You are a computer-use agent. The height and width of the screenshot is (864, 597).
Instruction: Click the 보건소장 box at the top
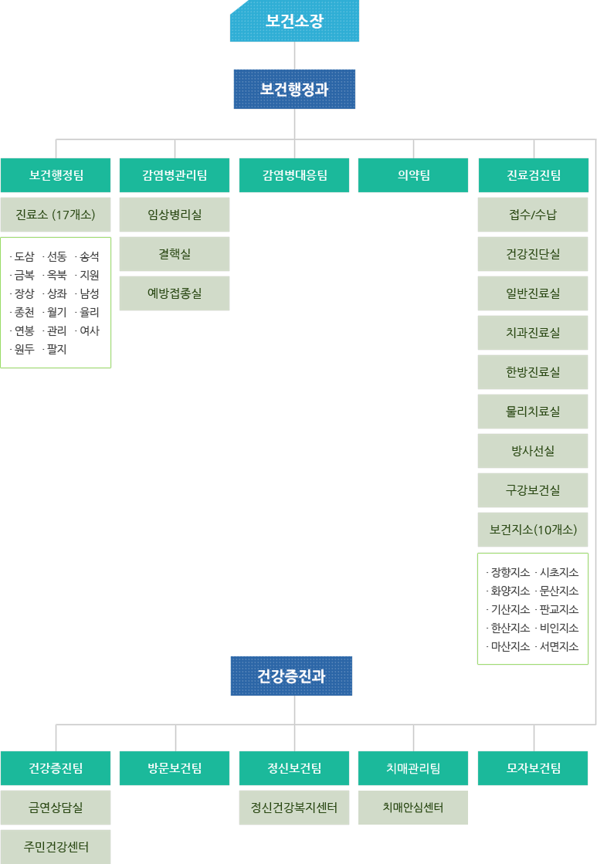(x=294, y=22)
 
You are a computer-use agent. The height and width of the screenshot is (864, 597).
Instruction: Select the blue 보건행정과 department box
(x=294, y=90)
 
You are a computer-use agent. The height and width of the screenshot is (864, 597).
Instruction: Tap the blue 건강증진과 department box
(x=291, y=676)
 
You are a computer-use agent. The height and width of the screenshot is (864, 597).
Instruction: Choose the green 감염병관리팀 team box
(x=175, y=175)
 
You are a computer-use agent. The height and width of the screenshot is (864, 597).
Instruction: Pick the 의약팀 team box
(x=413, y=175)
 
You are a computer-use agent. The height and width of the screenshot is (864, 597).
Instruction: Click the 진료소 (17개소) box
(x=56, y=215)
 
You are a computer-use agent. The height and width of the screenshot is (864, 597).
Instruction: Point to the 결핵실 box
(x=175, y=254)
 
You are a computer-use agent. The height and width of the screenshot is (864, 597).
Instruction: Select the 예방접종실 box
(x=175, y=293)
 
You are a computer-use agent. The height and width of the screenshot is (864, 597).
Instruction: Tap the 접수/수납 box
(x=533, y=215)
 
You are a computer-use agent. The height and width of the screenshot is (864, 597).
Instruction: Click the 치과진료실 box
(x=533, y=333)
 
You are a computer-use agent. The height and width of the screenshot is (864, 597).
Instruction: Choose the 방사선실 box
(x=533, y=451)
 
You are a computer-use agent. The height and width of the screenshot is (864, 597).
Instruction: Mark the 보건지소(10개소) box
(x=533, y=530)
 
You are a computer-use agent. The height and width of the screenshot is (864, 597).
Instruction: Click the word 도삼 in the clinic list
(x=24, y=257)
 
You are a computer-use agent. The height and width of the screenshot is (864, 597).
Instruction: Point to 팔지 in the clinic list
(x=56, y=350)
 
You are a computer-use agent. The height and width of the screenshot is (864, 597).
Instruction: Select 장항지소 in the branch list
(x=510, y=573)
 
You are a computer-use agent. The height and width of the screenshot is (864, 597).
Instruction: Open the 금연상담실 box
(x=56, y=808)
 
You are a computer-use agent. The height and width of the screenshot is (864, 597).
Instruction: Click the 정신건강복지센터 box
(x=294, y=808)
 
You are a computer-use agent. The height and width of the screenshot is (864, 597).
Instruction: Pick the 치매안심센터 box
(x=413, y=808)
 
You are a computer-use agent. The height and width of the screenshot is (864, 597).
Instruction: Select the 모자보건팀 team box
(x=533, y=768)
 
